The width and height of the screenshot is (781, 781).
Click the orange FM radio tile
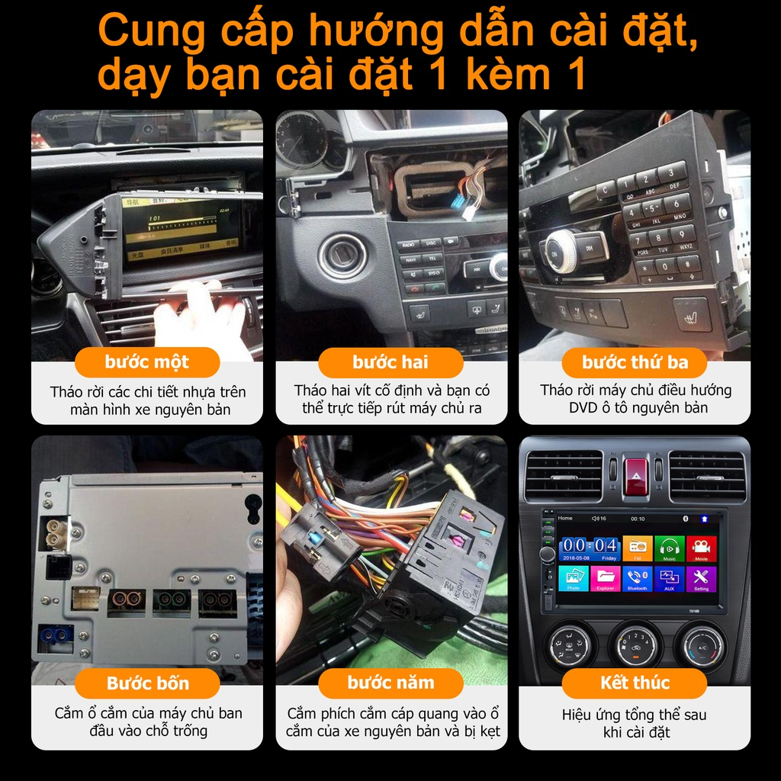pos(637,548)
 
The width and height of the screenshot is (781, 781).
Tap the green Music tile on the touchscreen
pos(669,548)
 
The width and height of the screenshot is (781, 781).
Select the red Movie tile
pos(701,548)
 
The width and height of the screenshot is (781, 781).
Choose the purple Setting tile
pos(701,578)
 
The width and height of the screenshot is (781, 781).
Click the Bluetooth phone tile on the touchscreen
pos(637,578)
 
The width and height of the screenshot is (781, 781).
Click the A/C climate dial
pos(702,645)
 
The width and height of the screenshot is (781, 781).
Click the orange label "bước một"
pos(147,362)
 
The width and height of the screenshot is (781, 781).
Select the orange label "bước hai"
pos(390,362)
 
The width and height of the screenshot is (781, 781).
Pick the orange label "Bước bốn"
pos(147,683)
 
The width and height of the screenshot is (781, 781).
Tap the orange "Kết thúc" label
pos(635,683)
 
